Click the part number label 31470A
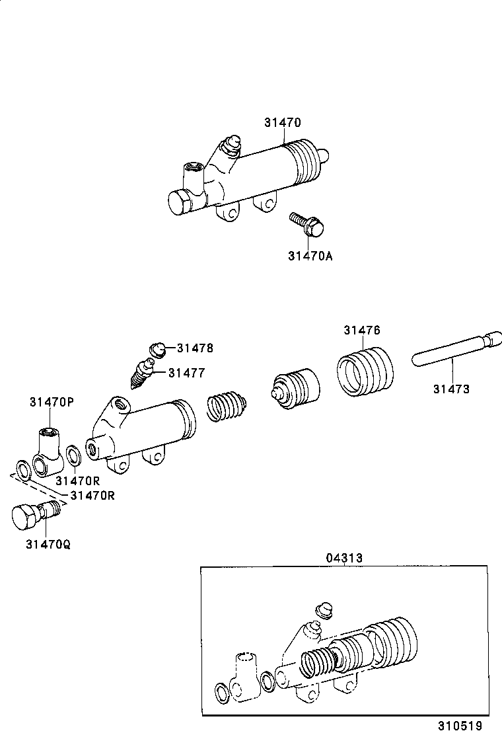click(310, 255)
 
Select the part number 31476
click(361, 330)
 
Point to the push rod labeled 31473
click(453, 350)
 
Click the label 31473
click(451, 389)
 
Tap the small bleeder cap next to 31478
click(157, 348)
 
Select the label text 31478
click(195, 348)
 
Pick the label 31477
click(186, 373)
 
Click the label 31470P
click(52, 402)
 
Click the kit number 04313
click(343, 558)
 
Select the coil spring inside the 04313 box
click(316, 663)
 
